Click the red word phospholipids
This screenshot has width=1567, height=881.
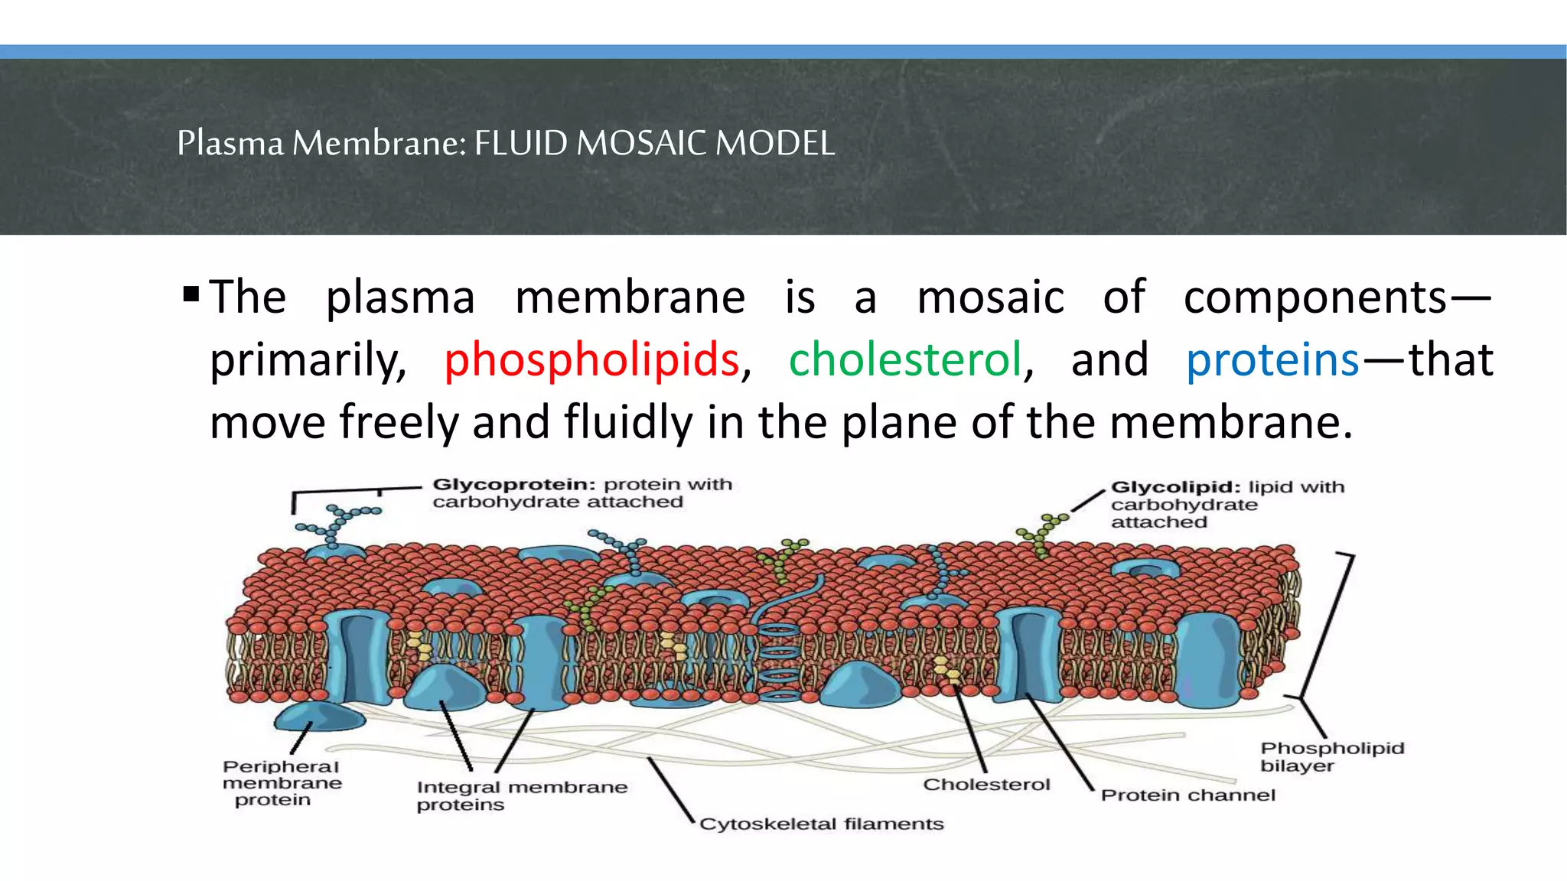[591, 360]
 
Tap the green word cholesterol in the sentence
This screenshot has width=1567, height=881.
[906, 360]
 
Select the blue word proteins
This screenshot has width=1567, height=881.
[1272, 360]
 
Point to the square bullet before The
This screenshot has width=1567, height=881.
[191, 294]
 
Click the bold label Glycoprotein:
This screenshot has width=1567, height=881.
[513, 485]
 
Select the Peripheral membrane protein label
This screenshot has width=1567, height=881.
[282, 783]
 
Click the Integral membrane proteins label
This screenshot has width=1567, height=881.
[521, 795]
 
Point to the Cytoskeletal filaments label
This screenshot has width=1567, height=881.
[821, 824]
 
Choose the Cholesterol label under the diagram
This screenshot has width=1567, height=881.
[986, 785]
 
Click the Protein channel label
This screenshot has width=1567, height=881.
[1187, 795]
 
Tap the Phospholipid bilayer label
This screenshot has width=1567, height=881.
[1331, 757]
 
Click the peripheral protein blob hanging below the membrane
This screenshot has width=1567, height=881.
[319, 717]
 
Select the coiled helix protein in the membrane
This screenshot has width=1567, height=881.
[779, 658]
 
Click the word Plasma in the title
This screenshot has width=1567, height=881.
[230, 143]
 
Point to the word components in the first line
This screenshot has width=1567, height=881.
[1315, 297]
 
